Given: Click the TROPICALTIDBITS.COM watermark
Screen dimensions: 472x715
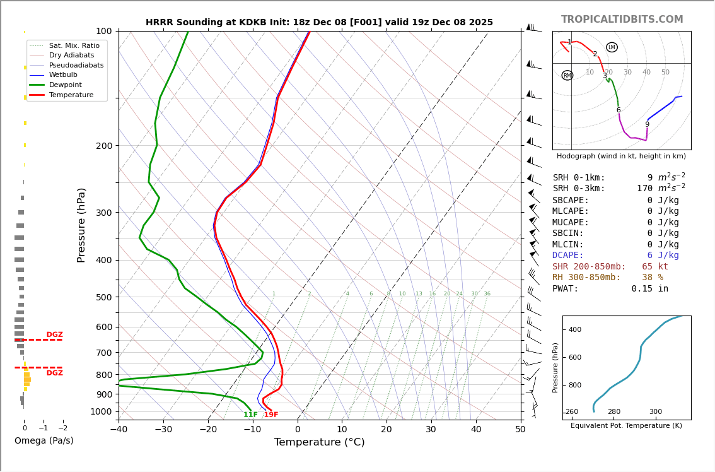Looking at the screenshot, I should point(622,20).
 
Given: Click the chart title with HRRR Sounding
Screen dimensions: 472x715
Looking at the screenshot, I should point(319,22).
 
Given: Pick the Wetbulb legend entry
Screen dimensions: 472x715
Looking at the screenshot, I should point(63,75).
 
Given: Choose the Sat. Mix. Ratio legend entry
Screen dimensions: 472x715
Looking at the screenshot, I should point(74,45).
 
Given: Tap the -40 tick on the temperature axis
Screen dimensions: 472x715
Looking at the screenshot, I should point(119,430).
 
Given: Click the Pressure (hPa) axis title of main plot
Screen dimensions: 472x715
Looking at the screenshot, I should point(81,225).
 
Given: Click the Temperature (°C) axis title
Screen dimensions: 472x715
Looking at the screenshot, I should point(319,442).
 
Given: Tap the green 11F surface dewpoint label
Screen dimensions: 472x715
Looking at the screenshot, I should point(250,415).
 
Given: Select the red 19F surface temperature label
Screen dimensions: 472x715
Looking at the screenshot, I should point(271,415).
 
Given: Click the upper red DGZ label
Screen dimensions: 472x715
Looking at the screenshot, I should point(54,334).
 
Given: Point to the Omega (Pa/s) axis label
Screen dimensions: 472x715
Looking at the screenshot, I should point(44,440).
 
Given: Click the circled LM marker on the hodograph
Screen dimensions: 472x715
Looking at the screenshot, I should point(612,47).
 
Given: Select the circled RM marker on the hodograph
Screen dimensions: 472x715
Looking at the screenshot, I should point(567,75).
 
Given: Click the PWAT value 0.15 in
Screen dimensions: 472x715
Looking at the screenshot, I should point(649,288).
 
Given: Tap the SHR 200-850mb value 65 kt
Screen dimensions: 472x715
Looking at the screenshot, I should point(655,266).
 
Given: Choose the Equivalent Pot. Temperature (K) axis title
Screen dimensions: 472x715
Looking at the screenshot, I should point(626,425).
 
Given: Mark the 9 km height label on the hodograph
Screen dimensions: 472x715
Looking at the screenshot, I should point(647,124).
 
